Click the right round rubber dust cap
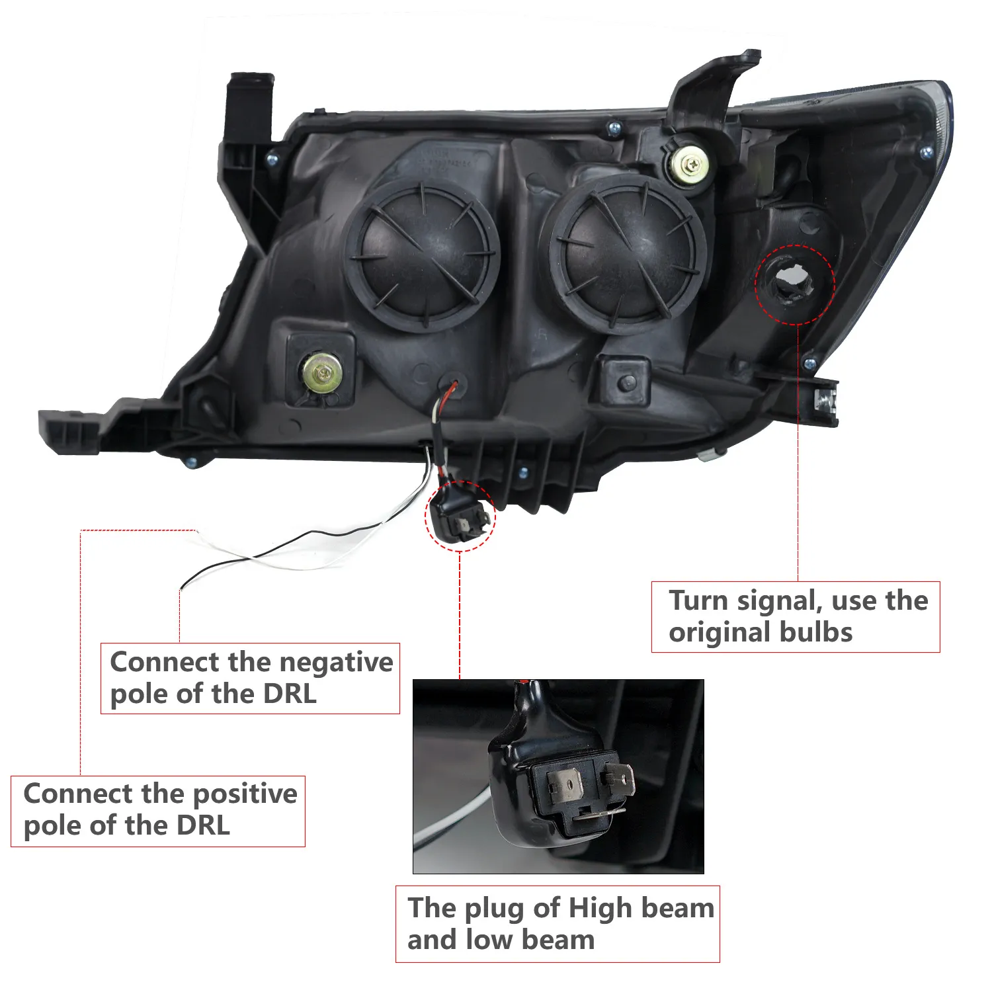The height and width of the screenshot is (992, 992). tap(628, 255)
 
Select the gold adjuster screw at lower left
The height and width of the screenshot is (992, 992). tap(322, 372)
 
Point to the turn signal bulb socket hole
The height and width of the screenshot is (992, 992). tap(793, 283)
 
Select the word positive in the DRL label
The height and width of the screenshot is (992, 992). tap(244, 794)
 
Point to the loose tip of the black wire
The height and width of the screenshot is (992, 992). tap(182, 587)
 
